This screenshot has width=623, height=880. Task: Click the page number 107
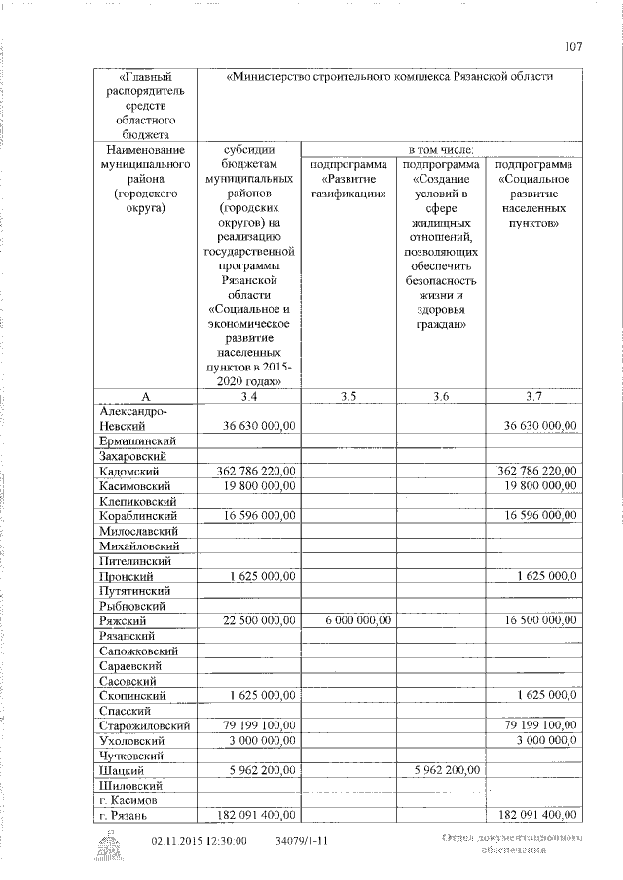572,44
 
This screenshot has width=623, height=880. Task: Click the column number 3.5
348,395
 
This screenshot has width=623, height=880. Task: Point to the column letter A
145,395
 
